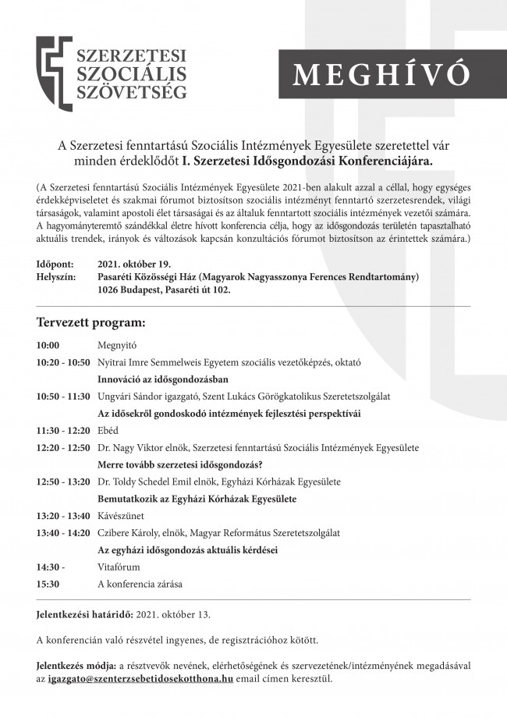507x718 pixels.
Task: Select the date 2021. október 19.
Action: (x=134, y=265)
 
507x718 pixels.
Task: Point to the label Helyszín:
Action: (x=57, y=277)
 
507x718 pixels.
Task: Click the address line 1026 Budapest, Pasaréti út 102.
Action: (x=164, y=290)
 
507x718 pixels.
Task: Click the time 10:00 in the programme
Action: (x=48, y=344)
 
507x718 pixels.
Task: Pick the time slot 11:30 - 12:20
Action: (x=63, y=431)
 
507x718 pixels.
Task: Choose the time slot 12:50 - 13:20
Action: (x=63, y=482)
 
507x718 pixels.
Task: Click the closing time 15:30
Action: (x=48, y=584)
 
